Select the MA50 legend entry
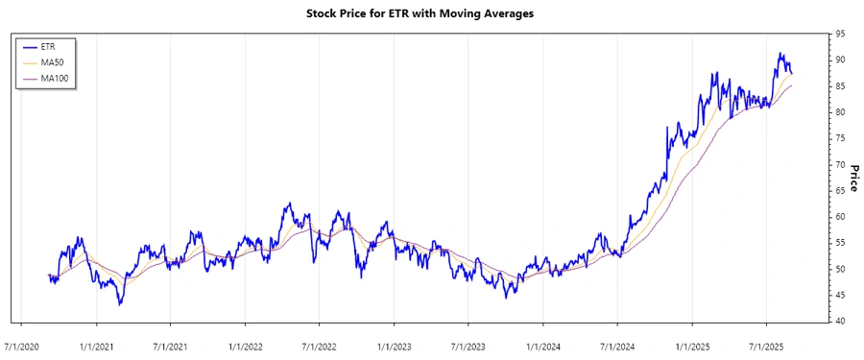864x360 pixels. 53,61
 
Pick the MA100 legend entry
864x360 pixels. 55,78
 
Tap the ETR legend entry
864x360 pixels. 49,45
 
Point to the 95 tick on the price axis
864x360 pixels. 840,34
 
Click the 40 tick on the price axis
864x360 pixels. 840,322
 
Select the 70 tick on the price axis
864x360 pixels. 840,165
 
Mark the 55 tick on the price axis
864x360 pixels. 840,243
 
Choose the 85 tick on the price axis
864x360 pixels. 840,86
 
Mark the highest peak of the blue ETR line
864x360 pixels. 780,54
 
